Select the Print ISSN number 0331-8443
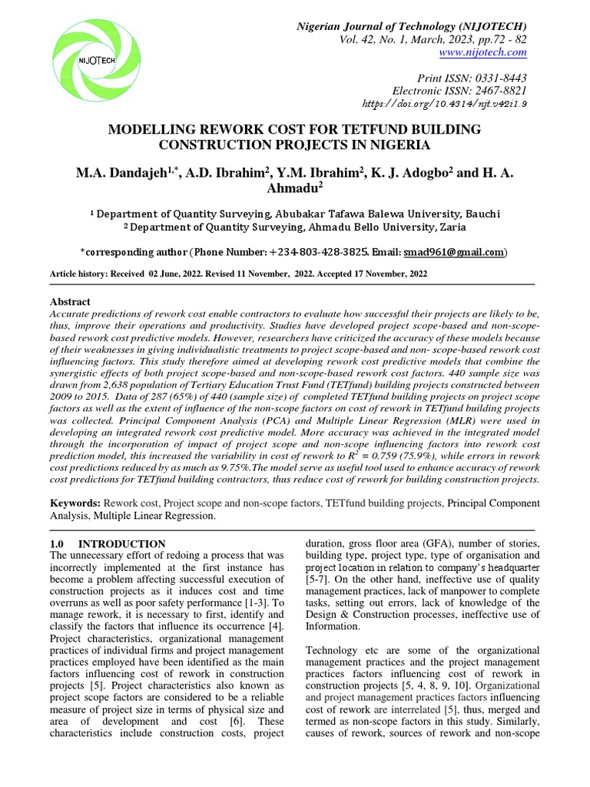(x=499, y=77)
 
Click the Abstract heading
(x=70, y=302)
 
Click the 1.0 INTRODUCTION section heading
(x=107, y=543)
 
